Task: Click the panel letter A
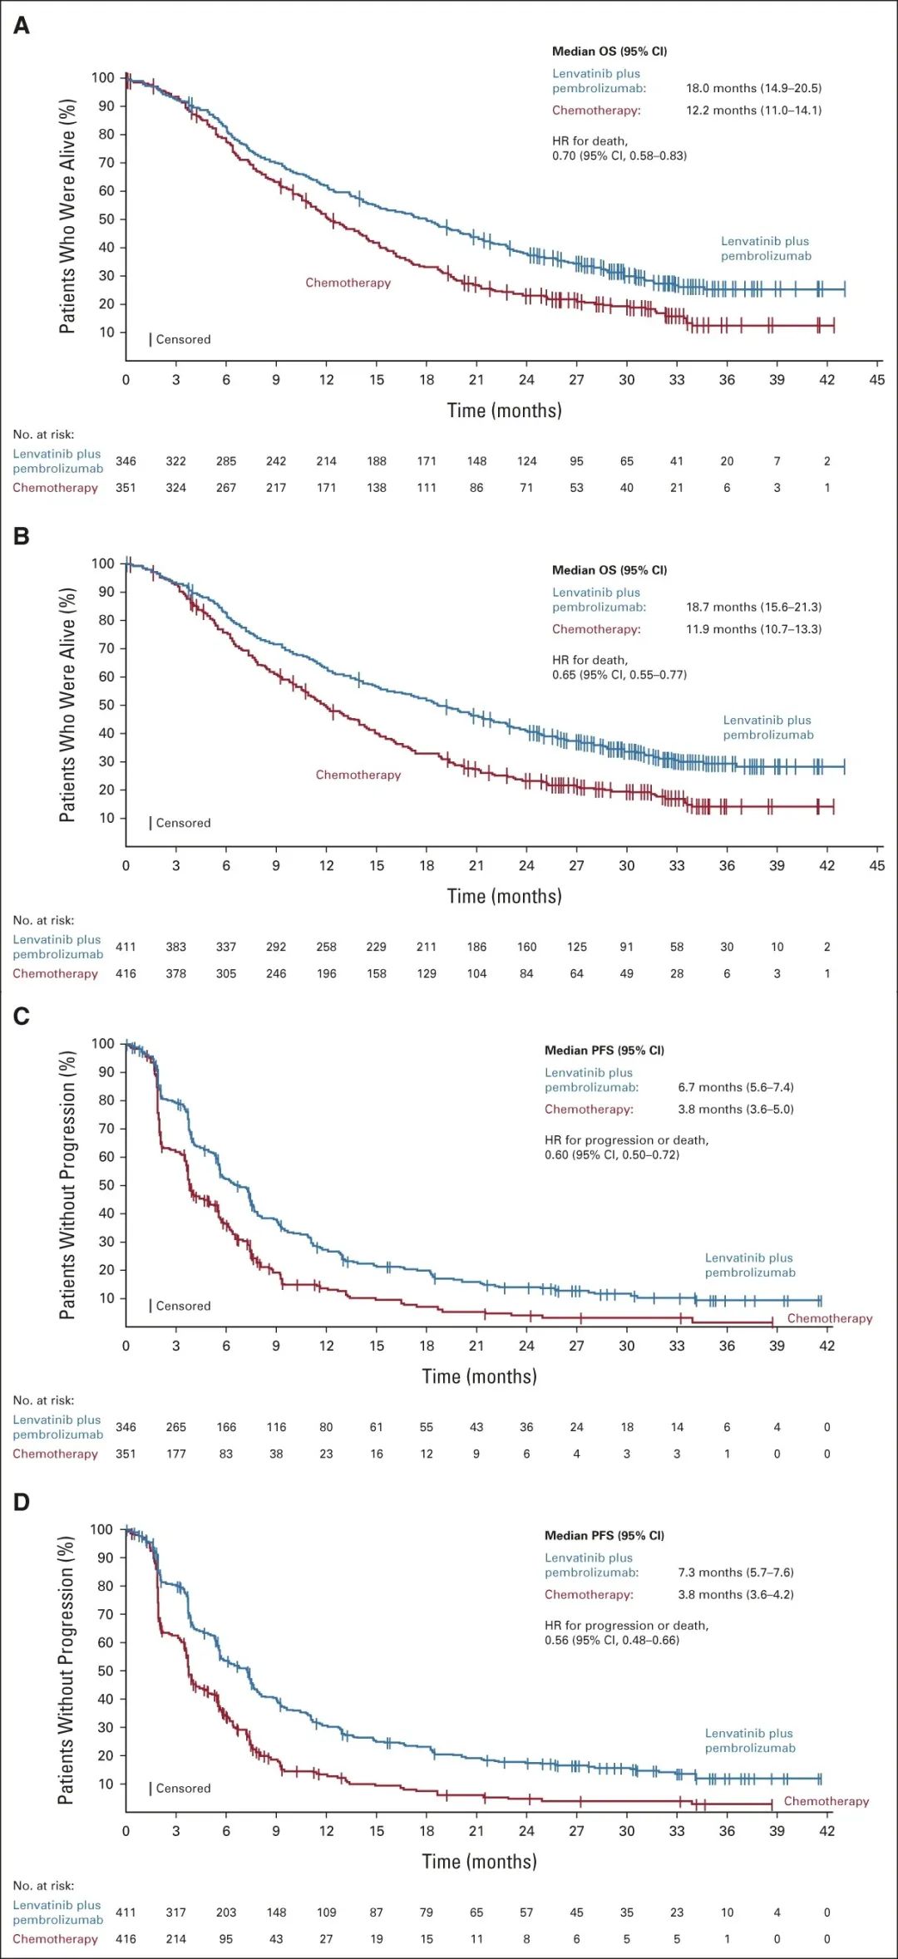tap(22, 26)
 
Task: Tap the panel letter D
tap(22, 1502)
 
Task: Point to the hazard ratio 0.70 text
tap(619, 155)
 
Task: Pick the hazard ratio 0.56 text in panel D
tap(612, 1640)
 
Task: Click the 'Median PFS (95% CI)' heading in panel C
tap(604, 1050)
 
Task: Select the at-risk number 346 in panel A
tap(126, 461)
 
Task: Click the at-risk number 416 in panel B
tap(126, 973)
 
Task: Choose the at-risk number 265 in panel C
tap(175, 1427)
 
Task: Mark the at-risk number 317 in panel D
tap(175, 1912)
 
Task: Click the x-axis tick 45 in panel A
tap(877, 380)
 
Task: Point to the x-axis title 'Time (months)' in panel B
tap(504, 896)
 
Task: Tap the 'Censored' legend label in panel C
tap(183, 1306)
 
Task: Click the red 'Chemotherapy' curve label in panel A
tap(348, 283)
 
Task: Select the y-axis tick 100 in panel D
tap(101, 1529)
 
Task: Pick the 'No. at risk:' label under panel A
tap(43, 434)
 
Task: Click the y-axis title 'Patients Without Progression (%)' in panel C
tap(67, 1184)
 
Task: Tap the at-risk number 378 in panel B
tap(175, 973)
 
